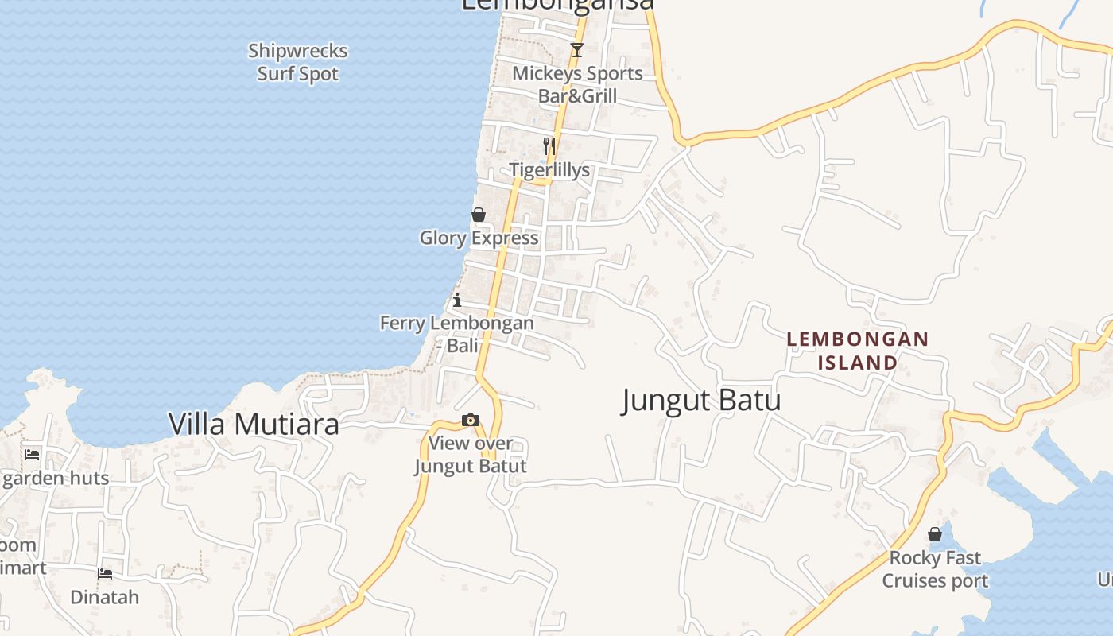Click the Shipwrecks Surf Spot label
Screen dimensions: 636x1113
click(x=298, y=62)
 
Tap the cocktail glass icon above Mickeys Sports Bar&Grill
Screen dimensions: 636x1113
click(x=577, y=50)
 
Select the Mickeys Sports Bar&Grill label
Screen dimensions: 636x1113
click(x=577, y=84)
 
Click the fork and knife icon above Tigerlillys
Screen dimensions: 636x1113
click(x=549, y=145)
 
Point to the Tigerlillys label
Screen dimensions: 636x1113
click(x=549, y=170)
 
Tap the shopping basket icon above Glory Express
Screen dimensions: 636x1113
click(x=479, y=215)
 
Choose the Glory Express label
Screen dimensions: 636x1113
click(x=479, y=238)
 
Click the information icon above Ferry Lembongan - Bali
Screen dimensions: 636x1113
click(x=457, y=300)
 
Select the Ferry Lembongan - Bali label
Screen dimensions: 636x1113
click(x=457, y=334)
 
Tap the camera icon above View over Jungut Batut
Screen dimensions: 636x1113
click(x=471, y=421)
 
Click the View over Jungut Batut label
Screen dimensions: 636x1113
click(x=471, y=454)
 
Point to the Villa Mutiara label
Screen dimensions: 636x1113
click(x=254, y=424)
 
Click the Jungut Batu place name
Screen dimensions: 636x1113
click(x=700, y=400)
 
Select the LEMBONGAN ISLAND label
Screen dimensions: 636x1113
click(x=858, y=351)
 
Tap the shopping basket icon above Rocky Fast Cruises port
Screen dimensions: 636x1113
click(x=935, y=534)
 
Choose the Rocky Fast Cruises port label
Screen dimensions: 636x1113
click(x=935, y=569)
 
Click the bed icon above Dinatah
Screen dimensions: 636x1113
click(x=105, y=573)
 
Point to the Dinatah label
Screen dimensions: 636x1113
click(x=105, y=597)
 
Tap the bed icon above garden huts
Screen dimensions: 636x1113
click(x=32, y=454)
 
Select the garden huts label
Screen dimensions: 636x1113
click(x=56, y=479)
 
